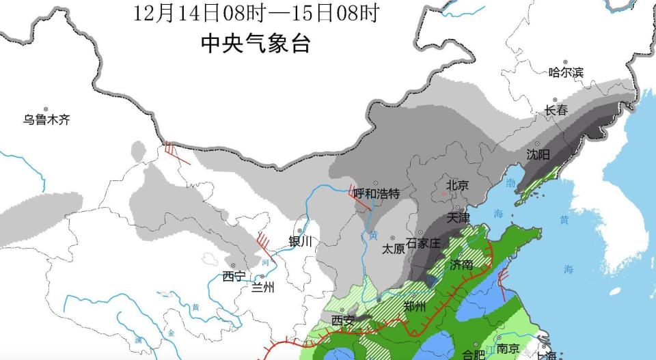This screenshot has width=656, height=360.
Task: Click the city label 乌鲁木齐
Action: (x=46, y=120)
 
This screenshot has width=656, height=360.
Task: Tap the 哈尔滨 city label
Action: (x=566, y=72)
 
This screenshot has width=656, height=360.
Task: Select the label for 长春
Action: (x=556, y=110)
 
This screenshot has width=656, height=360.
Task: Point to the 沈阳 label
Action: (x=538, y=154)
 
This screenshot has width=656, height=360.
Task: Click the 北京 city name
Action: (x=457, y=185)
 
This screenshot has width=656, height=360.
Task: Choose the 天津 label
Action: (x=458, y=218)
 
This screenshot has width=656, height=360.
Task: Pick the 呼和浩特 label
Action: (x=376, y=193)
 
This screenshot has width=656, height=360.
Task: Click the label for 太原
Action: (x=394, y=249)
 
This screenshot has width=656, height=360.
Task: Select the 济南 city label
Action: (x=461, y=264)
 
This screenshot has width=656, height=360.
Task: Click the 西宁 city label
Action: (x=234, y=276)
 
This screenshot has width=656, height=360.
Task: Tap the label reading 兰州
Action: (x=263, y=287)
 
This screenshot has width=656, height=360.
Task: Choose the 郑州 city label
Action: (x=415, y=306)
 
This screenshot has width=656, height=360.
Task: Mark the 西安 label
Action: (x=343, y=320)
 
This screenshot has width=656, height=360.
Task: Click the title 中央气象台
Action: (x=256, y=44)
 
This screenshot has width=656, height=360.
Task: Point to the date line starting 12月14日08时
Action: (x=256, y=13)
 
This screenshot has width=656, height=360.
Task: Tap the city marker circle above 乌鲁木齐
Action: (x=45, y=109)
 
